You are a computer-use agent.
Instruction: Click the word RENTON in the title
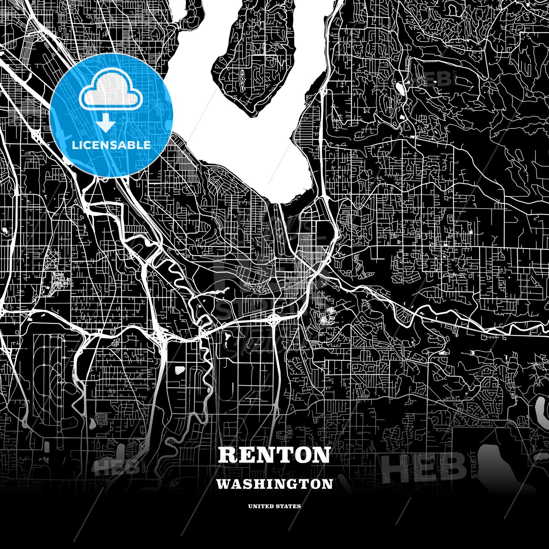coord(274,455)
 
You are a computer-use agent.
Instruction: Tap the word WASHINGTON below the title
coord(274,484)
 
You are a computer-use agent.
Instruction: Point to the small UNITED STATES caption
coord(274,506)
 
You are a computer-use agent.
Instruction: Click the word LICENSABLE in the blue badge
coord(111,145)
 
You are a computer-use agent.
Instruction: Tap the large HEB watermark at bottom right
coord(423,467)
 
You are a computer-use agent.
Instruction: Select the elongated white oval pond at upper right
coord(400,88)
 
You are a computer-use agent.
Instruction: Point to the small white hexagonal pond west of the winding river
coord(180,369)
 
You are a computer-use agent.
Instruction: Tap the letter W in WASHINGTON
coord(223,484)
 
